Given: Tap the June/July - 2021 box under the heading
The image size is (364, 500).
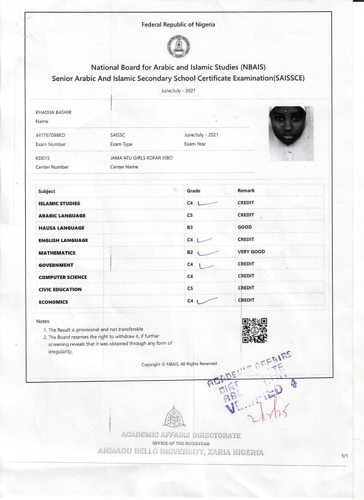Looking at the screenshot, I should pyautogui.click(x=178, y=90).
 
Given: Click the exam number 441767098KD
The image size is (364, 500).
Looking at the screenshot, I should pyautogui.click(x=50, y=135).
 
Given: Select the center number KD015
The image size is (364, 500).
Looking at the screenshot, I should pyautogui.click(x=43, y=157).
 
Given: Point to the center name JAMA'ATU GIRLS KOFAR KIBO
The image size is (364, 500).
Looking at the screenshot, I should pyautogui.click(x=141, y=157).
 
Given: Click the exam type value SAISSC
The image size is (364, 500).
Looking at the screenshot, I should pyautogui.click(x=118, y=135).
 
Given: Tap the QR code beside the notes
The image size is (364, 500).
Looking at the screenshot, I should pyautogui.click(x=255, y=330).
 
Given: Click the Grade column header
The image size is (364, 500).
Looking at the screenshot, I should pyautogui.click(x=193, y=191).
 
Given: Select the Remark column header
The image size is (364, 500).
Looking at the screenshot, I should pyautogui.click(x=246, y=191).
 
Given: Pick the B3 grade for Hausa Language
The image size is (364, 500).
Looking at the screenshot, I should pyautogui.click(x=190, y=227).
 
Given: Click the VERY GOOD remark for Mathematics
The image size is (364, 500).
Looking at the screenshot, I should pyautogui.click(x=251, y=252).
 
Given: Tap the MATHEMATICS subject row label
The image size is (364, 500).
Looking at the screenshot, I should pyautogui.click(x=57, y=252).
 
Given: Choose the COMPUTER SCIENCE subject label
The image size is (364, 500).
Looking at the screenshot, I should pyautogui.click(x=62, y=277).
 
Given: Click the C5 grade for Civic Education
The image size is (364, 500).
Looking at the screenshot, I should pyautogui.click(x=190, y=289).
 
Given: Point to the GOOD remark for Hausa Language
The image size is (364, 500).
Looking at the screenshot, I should pyautogui.click(x=245, y=227).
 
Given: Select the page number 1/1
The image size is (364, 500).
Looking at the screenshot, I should pyautogui.click(x=344, y=456).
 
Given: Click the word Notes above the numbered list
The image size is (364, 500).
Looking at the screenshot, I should pyautogui.click(x=43, y=321).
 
